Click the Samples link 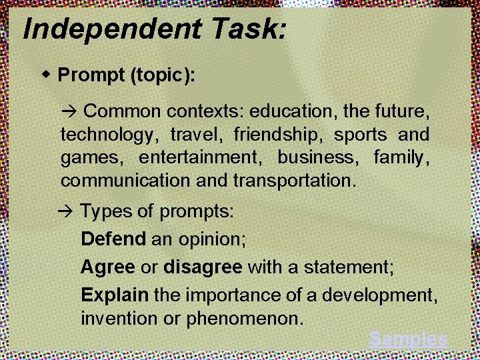click(408, 339)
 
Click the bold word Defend click(113, 238)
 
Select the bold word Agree click(107, 267)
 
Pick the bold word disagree click(203, 267)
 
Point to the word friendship click(277, 135)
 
